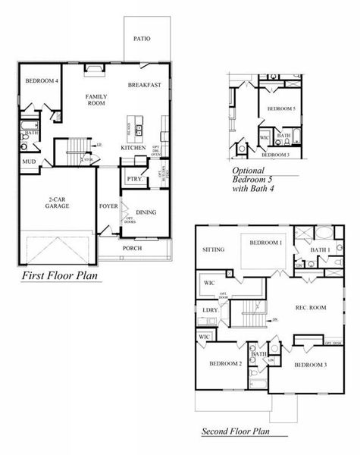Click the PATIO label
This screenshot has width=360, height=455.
click(x=141, y=38)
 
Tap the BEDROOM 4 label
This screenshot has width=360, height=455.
click(x=41, y=80)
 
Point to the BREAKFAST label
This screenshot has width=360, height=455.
click(x=144, y=85)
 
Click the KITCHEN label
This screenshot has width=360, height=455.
click(x=133, y=147)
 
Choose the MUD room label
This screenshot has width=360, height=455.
click(x=28, y=162)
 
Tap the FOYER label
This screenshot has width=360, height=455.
click(x=108, y=206)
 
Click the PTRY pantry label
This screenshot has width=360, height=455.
click(x=133, y=179)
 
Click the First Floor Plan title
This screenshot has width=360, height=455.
click(x=61, y=275)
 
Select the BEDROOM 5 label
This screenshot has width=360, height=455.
click(x=282, y=109)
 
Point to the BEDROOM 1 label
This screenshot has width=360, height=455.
click(x=267, y=243)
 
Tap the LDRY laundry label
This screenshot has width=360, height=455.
click(x=209, y=309)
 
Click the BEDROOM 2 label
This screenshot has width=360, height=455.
click(x=225, y=364)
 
